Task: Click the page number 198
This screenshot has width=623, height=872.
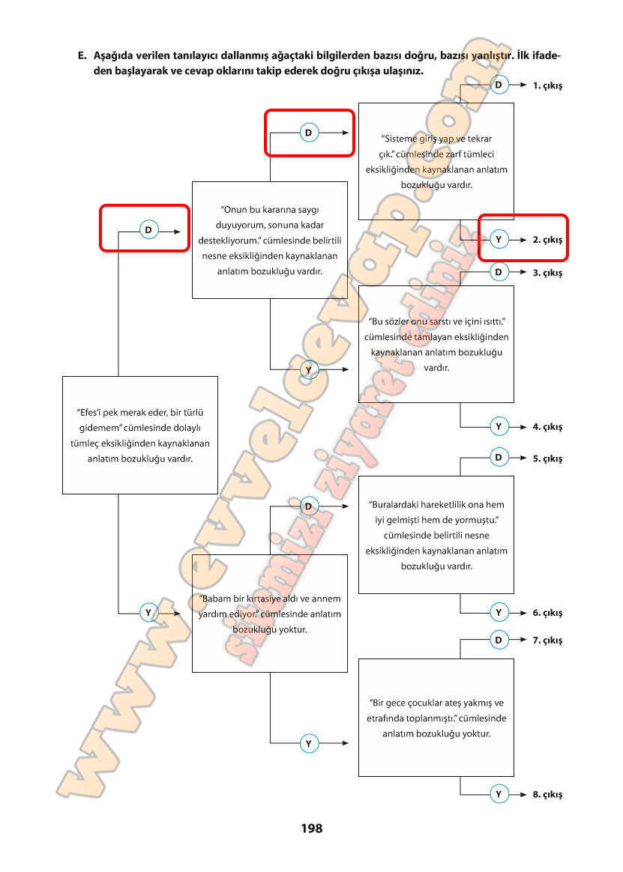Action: pyautogui.click(x=311, y=829)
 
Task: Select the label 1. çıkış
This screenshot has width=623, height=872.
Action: pyautogui.click(x=547, y=85)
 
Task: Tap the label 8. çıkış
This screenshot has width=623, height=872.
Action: pyautogui.click(x=547, y=794)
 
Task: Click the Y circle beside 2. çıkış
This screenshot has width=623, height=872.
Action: pyautogui.click(x=499, y=240)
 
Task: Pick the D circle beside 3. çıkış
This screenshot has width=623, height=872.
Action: pyautogui.click(x=499, y=273)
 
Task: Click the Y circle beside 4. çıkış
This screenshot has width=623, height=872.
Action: pyautogui.click(x=499, y=426)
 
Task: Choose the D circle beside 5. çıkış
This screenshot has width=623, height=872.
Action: pyautogui.click(x=499, y=457)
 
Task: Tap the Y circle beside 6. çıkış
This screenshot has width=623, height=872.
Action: pyautogui.click(x=499, y=612)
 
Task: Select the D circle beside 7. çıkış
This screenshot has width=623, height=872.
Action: pyautogui.click(x=499, y=640)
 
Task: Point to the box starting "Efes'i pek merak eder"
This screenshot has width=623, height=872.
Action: pyautogui.click(x=139, y=435)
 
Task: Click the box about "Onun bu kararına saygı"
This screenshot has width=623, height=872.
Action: pyautogui.click(x=270, y=240)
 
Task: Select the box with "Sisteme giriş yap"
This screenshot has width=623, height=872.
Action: pyautogui.click(x=436, y=161)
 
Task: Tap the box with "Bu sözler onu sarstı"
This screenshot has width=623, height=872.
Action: pyautogui.click(x=436, y=344)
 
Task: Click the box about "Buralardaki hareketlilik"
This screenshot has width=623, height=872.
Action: pyautogui.click(x=436, y=535)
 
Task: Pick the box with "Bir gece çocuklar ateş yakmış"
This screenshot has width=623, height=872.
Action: pyautogui.click(x=436, y=717)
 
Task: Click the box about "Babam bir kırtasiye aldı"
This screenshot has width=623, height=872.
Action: pyautogui.click(x=270, y=613)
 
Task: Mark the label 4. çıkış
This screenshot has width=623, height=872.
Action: pyautogui.click(x=547, y=426)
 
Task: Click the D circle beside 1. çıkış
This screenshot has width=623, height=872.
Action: pyautogui.click(x=499, y=85)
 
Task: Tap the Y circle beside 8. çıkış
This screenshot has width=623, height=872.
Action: pyautogui.click(x=499, y=794)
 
